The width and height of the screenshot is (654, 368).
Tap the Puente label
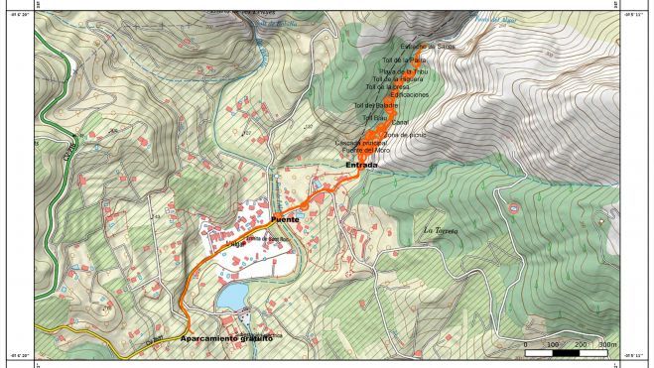click(x=285, y=218)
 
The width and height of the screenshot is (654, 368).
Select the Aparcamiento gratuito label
click(x=226, y=338)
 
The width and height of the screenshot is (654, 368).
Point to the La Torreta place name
click(x=441, y=230)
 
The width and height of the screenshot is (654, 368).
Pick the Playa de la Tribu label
click(x=403, y=70)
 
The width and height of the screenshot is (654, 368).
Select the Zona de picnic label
click(x=405, y=134)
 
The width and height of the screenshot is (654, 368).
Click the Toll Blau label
click(x=374, y=118)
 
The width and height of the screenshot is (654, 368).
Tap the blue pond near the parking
click(x=232, y=296)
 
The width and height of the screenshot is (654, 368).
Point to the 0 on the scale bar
click(x=525, y=345)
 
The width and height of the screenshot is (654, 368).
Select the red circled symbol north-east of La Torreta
click(x=514, y=208)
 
